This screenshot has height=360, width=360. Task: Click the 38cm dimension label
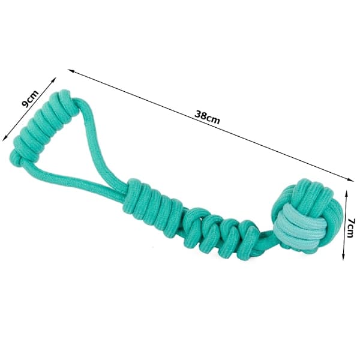[x=207, y=117]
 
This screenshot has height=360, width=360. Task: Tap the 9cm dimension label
[x=30, y=99]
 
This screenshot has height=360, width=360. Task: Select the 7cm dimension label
[x=350, y=228]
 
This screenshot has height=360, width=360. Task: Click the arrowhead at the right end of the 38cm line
[x=350, y=179]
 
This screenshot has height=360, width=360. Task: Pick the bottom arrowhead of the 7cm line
[x=343, y=257]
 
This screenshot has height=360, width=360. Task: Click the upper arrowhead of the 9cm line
[x=54, y=80]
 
